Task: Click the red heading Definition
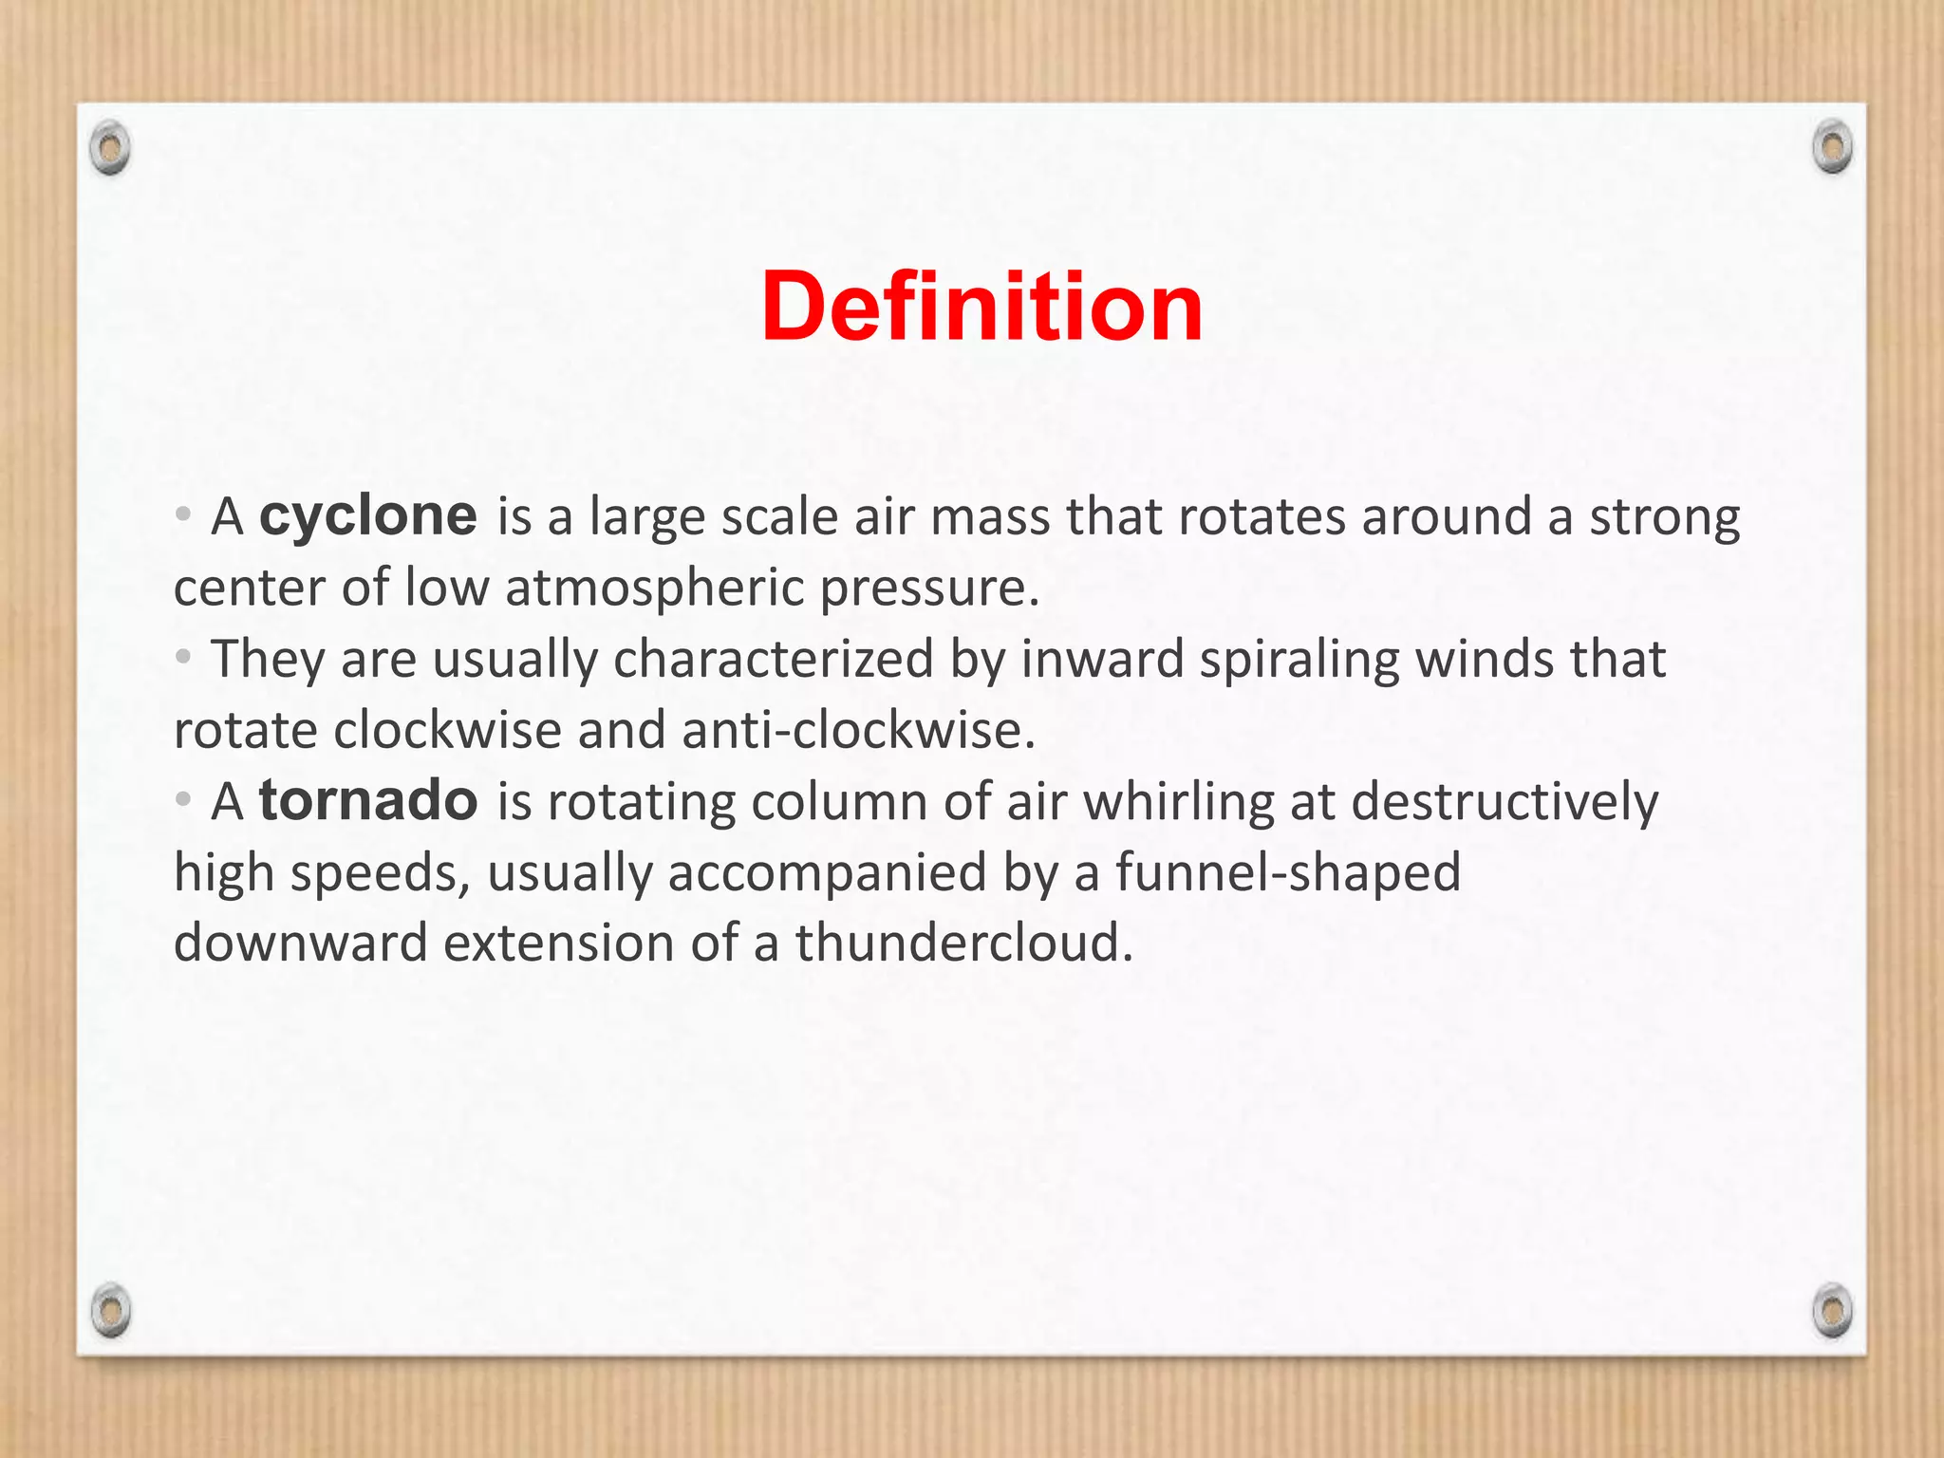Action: (x=981, y=307)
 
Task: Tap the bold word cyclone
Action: (x=368, y=516)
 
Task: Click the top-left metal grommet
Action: (x=110, y=148)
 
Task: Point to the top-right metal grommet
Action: (x=1832, y=147)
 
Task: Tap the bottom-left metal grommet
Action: (x=110, y=1310)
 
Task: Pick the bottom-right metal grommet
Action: (x=1832, y=1310)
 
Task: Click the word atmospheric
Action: (x=654, y=589)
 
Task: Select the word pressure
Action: (x=929, y=589)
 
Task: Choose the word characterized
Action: (x=774, y=659)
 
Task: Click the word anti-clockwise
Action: (x=858, y=730)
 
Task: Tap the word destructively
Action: (x=1505, y=801)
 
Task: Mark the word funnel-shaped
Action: (x=1288, y=872)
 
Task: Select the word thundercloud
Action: (x=964, y=944)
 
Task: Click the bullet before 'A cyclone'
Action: (x=183, y=515)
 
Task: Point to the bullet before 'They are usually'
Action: (x=183, y=657)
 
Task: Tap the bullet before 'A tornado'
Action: (x=183, y=799)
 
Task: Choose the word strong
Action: (x=1665, y=518)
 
